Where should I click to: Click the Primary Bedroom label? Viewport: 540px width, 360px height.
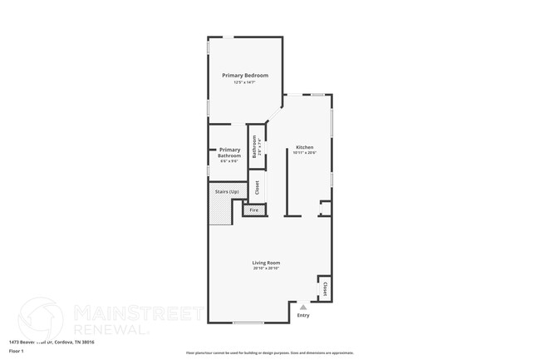(x=244, y=76)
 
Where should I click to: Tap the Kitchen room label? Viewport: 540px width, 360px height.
(x=304, y=147)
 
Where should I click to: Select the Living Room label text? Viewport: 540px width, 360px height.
(x=266, y=263)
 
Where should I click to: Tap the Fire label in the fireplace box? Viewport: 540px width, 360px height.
(x=254, y=210)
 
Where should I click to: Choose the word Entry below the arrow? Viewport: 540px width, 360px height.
(x=303, y=315)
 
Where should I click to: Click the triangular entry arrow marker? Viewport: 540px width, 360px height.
(x=303, y=307)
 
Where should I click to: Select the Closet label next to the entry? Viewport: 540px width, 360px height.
(x=325, y=288)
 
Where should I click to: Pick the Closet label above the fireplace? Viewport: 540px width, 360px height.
(x=258, y=187)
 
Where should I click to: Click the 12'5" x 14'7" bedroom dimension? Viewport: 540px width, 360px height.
(x=244, y=82)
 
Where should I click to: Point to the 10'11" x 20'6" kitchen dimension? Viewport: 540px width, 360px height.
(x=304, y=153)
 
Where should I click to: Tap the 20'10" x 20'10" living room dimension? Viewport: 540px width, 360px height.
(x=266, y=269)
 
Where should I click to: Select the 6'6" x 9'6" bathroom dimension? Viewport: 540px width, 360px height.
(x=229, y=161)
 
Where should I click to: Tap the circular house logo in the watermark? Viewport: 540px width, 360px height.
(x=40, y=319)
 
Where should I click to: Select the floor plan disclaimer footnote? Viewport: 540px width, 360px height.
(x=269, y=353)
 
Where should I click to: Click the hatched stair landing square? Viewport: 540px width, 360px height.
(x=218, y=214)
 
